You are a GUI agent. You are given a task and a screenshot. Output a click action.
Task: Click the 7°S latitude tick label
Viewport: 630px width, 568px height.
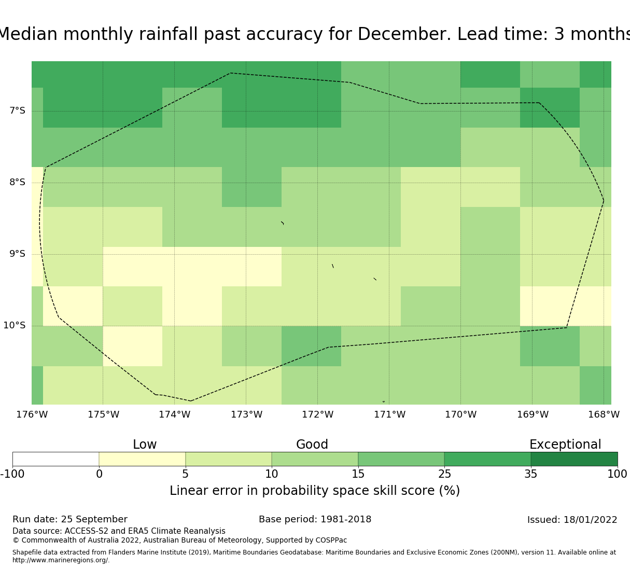[17, 110]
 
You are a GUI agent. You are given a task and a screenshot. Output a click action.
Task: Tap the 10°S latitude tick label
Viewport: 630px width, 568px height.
[14, 325]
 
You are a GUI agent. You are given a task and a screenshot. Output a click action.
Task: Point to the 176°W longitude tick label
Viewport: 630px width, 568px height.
[32, 414]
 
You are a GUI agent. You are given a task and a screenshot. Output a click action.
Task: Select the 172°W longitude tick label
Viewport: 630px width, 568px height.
[317, 414]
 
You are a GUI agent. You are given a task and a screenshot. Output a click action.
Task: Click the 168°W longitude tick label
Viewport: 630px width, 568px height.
[604, 414]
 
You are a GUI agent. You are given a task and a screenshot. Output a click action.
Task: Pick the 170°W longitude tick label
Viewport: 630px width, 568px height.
[460, 414]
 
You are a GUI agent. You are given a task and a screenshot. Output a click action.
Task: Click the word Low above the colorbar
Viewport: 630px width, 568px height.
[145, 445]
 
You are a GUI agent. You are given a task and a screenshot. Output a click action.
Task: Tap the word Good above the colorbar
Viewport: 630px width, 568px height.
[312, 445]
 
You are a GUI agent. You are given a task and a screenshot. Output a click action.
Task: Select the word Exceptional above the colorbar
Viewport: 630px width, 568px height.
[565, 445]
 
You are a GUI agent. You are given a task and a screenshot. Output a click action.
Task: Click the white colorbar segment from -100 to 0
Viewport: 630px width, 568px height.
[55, 459]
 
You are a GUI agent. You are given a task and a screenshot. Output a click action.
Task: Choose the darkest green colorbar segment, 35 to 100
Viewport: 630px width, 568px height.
[574, 459]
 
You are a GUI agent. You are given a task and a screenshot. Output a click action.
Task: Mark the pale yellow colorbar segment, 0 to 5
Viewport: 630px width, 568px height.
[142, 459]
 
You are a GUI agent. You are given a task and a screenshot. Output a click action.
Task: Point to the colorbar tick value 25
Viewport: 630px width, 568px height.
[444, 474]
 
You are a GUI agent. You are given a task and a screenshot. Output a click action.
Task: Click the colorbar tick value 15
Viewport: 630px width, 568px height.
[358, 474]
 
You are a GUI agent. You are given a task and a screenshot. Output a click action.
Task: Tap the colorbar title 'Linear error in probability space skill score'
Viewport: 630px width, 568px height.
[315, 491]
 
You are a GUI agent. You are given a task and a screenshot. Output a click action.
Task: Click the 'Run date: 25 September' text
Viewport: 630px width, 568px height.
[70, 519]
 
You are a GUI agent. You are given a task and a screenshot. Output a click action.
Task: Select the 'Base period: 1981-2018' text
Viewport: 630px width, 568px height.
[315, 519]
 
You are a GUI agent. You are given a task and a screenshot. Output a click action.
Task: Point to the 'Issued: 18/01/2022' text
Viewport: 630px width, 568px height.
[572, 520]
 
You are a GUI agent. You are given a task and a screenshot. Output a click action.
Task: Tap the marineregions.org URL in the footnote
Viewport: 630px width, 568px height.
[61, 560]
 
